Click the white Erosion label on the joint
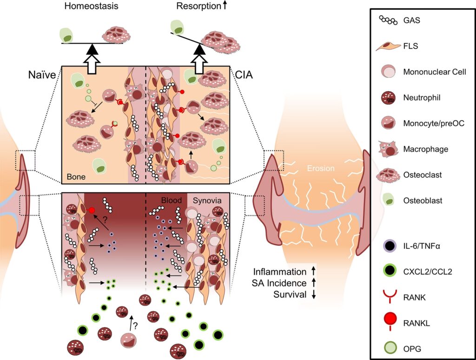click(x=321, y=168)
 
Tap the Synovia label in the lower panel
click(x=207, y=200)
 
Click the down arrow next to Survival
click(x=314, y=294)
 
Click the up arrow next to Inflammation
click(x=314, y=271)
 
